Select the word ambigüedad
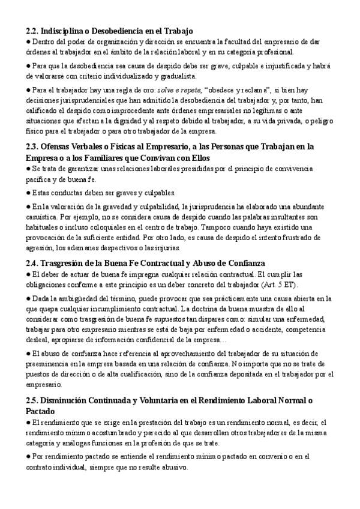(85, 298)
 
